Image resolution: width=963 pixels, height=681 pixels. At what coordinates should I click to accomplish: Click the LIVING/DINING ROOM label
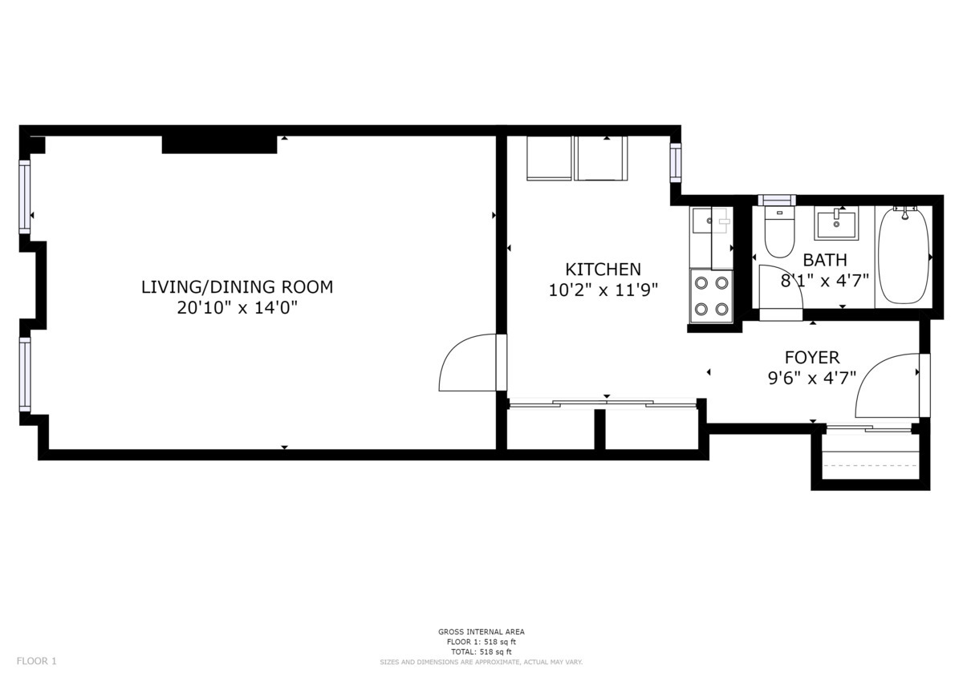(237, 286)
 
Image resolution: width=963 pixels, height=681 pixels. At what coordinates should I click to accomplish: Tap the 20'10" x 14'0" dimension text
(237, 307)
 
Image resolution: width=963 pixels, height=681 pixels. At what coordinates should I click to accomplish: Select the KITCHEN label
(603, 270)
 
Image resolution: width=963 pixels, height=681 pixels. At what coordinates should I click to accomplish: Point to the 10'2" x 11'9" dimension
(603, 290)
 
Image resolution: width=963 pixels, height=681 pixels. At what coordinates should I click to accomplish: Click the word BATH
(824, 260)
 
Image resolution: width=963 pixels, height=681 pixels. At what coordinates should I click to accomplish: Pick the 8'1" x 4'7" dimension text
(824, 281)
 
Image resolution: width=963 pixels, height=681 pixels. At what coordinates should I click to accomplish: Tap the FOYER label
(811, 357)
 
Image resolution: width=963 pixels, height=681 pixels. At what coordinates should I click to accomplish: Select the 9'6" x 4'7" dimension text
(811, 378)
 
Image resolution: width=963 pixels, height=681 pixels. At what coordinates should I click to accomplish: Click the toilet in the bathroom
(778, 231)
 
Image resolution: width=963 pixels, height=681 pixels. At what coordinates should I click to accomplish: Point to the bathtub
(903, 255)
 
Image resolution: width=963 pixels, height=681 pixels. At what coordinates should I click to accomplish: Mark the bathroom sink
(835, 223)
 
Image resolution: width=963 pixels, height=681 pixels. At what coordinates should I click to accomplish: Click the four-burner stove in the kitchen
(711, 295)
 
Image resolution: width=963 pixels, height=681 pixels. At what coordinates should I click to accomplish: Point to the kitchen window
(676, 162)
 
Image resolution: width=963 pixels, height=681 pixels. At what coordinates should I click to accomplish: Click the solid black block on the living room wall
(219, 144)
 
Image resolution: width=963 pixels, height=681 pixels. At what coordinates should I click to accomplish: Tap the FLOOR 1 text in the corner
(37, 661)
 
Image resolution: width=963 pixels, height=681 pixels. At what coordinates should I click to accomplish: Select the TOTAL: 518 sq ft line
(481, 651)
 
